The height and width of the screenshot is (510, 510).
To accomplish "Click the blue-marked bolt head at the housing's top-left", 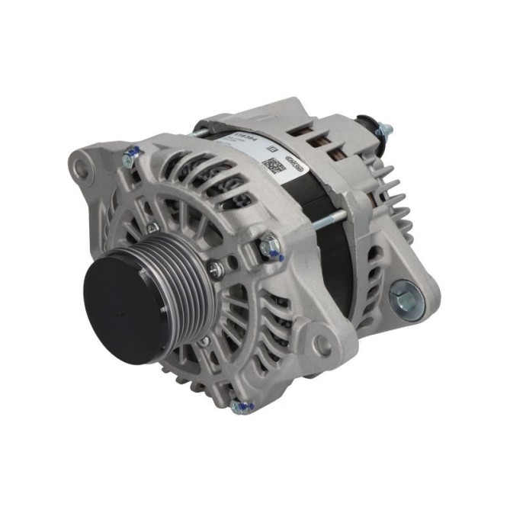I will (x=130, y=158).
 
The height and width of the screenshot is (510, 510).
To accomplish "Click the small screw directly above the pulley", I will (x=153, y=226).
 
